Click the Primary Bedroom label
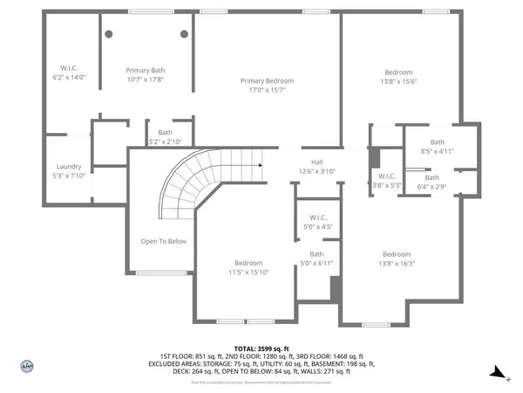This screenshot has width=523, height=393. (267, 80)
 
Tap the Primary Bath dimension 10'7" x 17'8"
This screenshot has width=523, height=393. (146, 79)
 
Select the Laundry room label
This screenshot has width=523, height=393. (69, 166)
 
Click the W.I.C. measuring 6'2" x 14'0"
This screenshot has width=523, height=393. (70, 72)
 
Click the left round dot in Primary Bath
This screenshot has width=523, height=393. (109, 34)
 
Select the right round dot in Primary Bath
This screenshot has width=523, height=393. (184, 34)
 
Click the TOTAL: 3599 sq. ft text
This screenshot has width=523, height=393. (261, 348)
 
